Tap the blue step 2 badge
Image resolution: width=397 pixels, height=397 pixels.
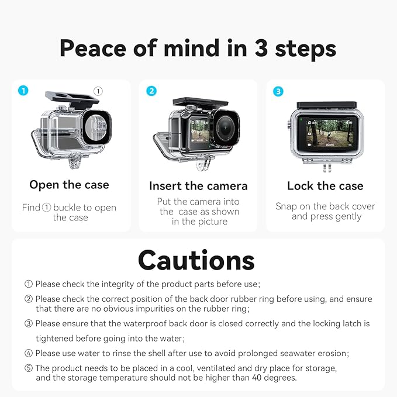(151, 91)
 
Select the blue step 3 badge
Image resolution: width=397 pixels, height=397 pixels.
(278, 91)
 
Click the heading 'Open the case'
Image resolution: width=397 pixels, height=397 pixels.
(70, 185)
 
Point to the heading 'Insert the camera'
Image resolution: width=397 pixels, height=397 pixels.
(198, 186)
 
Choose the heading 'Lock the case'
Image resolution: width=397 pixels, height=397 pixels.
(325, 186)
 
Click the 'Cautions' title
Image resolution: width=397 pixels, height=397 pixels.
(196, 260)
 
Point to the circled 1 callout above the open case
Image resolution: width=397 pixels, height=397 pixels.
(98, 91)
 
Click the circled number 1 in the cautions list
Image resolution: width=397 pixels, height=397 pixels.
(28, 284)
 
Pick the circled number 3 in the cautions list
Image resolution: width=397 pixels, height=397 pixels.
(28, 323)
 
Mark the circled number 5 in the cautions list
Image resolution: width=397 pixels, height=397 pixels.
(28, 368)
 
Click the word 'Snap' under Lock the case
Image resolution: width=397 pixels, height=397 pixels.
(287, 206)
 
